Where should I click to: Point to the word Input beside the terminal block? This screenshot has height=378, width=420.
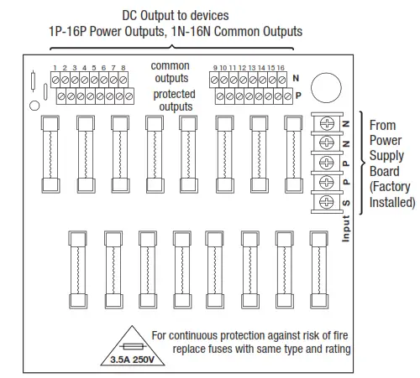[x=345, y=229]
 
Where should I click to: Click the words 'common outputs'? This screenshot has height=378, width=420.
[x=171, y=72]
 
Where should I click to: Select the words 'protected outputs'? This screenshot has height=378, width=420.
[x=174, y=101]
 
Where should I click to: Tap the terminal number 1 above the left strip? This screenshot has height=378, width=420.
[x=54, y=66]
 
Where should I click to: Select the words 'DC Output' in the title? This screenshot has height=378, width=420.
[x=152, y=14]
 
